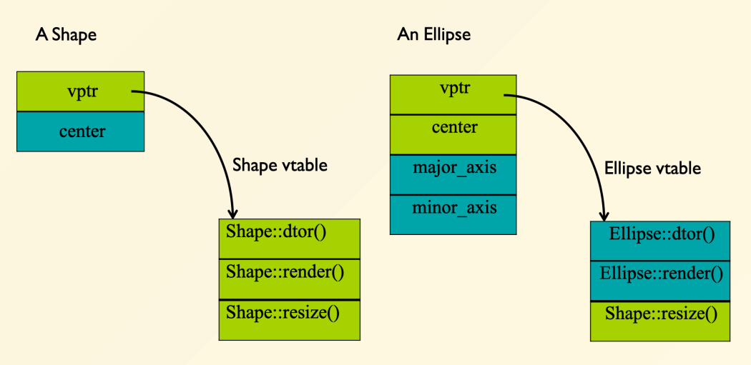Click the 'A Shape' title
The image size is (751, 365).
tap(66, 36)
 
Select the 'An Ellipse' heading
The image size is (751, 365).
tap(433, 36)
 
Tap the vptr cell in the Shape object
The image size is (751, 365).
tap(80, 91)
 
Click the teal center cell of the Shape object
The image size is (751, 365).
tap(80, 131)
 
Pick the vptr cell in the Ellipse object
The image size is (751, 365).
tap(453, 95)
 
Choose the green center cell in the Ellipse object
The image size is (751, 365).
tap(453, 135)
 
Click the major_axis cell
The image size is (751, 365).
tap(453, 174)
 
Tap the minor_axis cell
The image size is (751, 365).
tap(453, 215)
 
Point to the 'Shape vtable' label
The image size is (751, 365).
tap(280, 166)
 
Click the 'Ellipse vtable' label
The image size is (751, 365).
tap(653, 169)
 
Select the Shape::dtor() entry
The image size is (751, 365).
tap(289, 239)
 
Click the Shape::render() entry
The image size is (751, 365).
tap(289, 279)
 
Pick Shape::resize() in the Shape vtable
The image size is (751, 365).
tap(289, 320)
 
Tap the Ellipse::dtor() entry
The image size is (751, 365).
tap(660, 241)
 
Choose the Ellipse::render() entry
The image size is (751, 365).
tap(660, 281)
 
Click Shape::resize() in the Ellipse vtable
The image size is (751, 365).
tap(660, 321)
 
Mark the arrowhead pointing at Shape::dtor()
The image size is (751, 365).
tap(234, 214)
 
